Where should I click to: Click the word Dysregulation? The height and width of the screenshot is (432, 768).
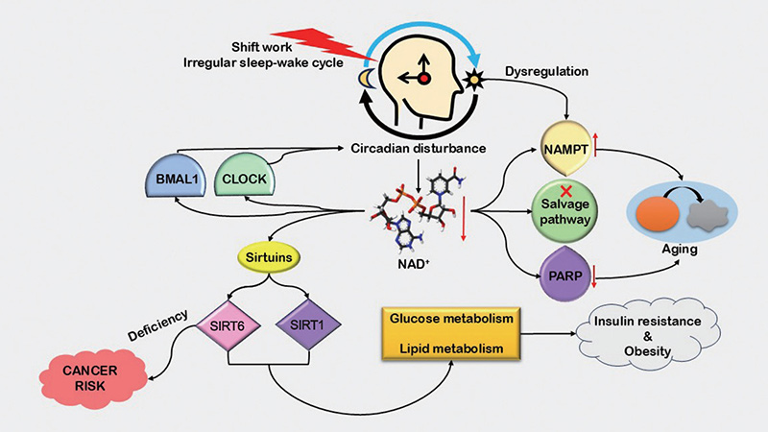546,73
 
